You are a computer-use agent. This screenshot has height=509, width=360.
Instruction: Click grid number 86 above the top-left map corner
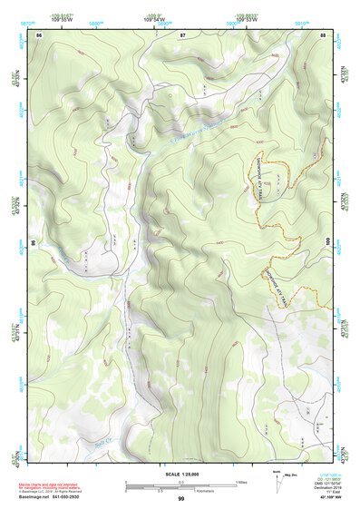pos(40,34)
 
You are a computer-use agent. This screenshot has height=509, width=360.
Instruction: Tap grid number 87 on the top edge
pos(182,34)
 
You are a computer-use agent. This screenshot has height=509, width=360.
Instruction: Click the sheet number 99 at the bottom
pos(181,498)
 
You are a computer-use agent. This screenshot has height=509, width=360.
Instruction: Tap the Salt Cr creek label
pos(101,443)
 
